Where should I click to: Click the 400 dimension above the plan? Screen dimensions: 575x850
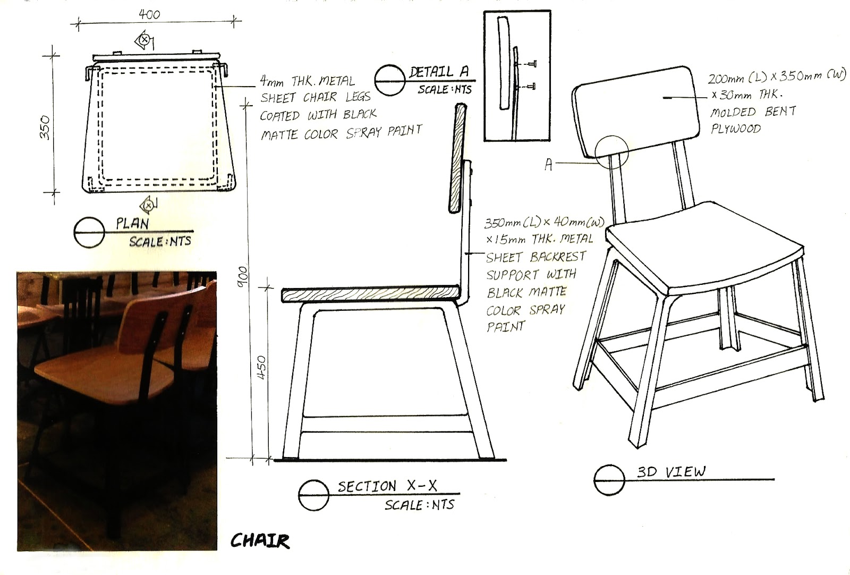(149, 14)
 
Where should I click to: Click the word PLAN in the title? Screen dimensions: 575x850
(132, 223)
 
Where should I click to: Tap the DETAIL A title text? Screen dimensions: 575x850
(439, 72)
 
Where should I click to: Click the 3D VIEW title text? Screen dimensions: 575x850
(671, 471)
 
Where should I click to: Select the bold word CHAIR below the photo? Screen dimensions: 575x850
(260, 541)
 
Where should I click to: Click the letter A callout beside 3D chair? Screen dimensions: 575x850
(549, 165)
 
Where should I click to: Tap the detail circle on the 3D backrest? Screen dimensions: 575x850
(611, 151)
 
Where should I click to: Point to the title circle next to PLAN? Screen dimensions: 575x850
(89, 233)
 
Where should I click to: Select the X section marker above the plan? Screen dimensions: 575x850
(143, 39)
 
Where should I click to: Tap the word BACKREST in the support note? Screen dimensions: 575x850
(558, 257)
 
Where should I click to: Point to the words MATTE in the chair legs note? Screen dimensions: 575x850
(280, 135)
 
